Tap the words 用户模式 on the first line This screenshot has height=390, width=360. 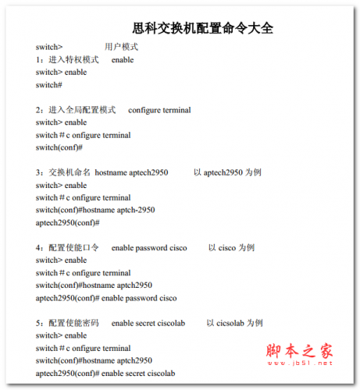point(121,48)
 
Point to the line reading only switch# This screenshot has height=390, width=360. point(48,85)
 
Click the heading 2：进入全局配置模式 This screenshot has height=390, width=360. point(76,110)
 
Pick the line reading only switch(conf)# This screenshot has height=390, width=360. point(59,147)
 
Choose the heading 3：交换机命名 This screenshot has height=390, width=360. point(63,173)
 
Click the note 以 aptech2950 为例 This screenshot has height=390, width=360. point(227,173)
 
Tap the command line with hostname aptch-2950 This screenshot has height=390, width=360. point(95,211)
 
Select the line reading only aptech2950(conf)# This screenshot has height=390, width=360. point(67,223)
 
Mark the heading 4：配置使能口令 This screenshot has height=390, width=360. point(67,248)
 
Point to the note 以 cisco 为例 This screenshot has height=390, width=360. point(231,248)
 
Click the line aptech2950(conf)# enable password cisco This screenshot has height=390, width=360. point(106,298)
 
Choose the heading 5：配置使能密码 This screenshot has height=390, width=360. point(67,323)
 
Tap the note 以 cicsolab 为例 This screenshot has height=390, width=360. point(234,323)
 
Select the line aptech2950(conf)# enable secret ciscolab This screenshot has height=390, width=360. point(105,373)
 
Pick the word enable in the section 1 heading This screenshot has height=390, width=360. point(123,60)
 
